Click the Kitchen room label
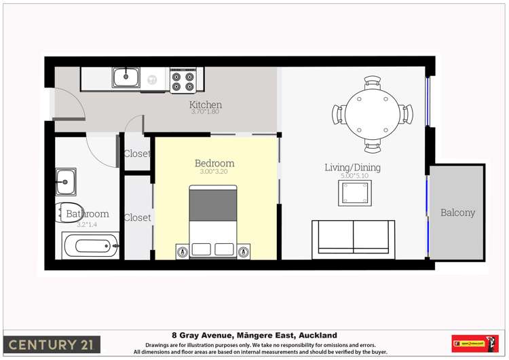click(205, 105)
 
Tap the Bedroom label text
click(214, 163)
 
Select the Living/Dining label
click(352, 167)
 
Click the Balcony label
click(457, 213)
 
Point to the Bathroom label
click(87, 214)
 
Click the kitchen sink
click(126, 78)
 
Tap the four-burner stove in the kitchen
click(183, 80)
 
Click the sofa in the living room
click(353, 238)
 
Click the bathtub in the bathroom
click(91, 245)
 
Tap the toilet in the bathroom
click(68, 213)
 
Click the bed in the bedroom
click(213, 221)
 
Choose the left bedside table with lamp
click(182, 251)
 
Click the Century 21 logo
click(52, 344)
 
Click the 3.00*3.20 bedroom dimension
click(214, 172)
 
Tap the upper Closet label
click(136, 154)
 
